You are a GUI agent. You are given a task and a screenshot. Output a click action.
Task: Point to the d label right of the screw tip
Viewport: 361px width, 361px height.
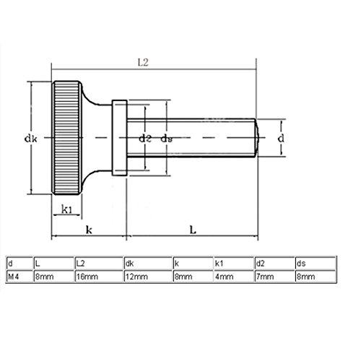(x=282, y=136)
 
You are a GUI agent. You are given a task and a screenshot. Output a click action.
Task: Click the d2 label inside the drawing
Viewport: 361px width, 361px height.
(x=145, y=137)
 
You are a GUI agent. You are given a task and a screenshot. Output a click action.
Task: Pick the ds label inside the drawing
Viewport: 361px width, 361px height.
(x=166, y=137)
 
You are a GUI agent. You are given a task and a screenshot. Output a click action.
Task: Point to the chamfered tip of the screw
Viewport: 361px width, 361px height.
(x=254, y=136)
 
